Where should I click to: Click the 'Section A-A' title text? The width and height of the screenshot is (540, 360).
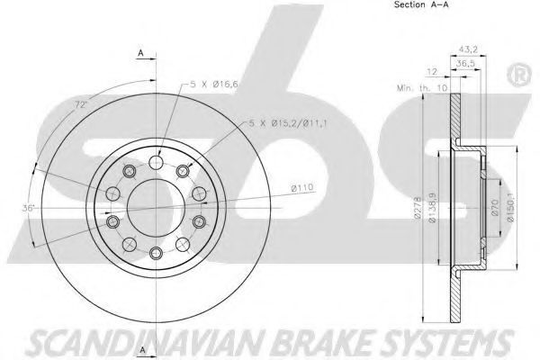tap(421, 4)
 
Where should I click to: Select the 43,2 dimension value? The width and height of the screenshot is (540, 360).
tap(468, 49)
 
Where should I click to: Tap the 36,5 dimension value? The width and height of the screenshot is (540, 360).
tap(465, 63)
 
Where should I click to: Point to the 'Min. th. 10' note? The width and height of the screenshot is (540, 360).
tap(422, 88)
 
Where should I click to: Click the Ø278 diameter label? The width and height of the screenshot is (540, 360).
tap(418, 208)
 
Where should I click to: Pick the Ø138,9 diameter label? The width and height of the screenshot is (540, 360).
tap(433, 207)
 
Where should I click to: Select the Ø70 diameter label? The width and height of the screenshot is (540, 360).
tap(494, 207)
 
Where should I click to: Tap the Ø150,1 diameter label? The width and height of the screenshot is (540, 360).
tap(510, 207)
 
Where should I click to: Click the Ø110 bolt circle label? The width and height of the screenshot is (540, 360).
tap(302, 188)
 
